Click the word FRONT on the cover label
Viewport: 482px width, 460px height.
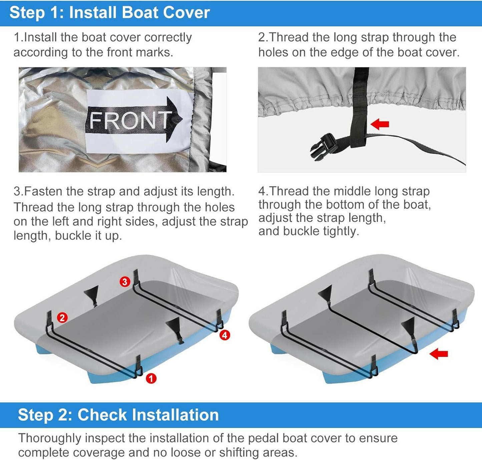point(129,120)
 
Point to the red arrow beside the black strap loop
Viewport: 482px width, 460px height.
point(380,124)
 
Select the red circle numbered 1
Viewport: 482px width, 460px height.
point(151,378)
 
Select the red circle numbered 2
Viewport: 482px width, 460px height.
point(62,317)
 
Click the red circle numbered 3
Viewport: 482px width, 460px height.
point(124,282)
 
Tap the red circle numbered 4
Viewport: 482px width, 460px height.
point(225,335)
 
